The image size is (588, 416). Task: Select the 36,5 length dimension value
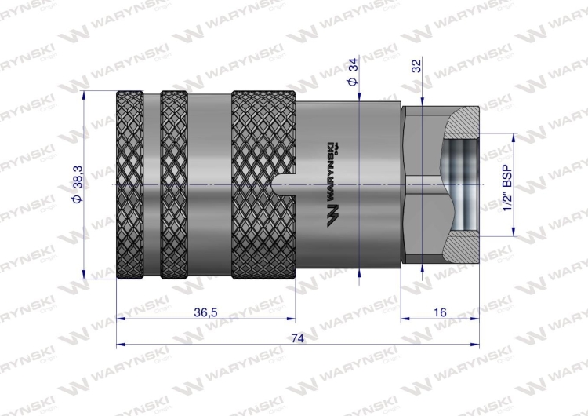click(x=205, y=312)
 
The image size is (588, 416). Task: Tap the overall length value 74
click(x=296, y=338)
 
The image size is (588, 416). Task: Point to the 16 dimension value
click(x=439, y=312)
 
